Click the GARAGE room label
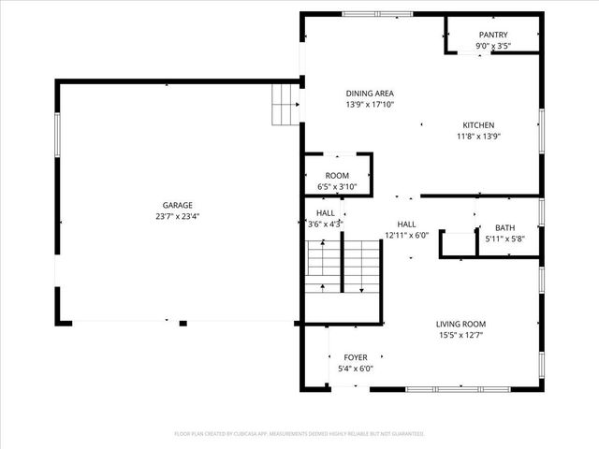177,205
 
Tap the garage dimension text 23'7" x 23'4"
177,216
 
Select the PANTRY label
492,35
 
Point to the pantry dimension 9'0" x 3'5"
492,46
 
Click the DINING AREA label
370,93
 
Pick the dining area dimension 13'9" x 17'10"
370,104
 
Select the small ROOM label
337,176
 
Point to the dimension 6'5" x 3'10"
337,187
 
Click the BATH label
504,227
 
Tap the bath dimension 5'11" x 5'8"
504,239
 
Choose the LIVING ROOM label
460,324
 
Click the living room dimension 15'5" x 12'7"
460,335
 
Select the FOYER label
355,357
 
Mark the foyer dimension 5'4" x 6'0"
355,369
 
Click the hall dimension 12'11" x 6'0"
406,236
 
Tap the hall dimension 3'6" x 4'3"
326,224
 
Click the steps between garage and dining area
284,104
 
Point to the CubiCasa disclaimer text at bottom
299,434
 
